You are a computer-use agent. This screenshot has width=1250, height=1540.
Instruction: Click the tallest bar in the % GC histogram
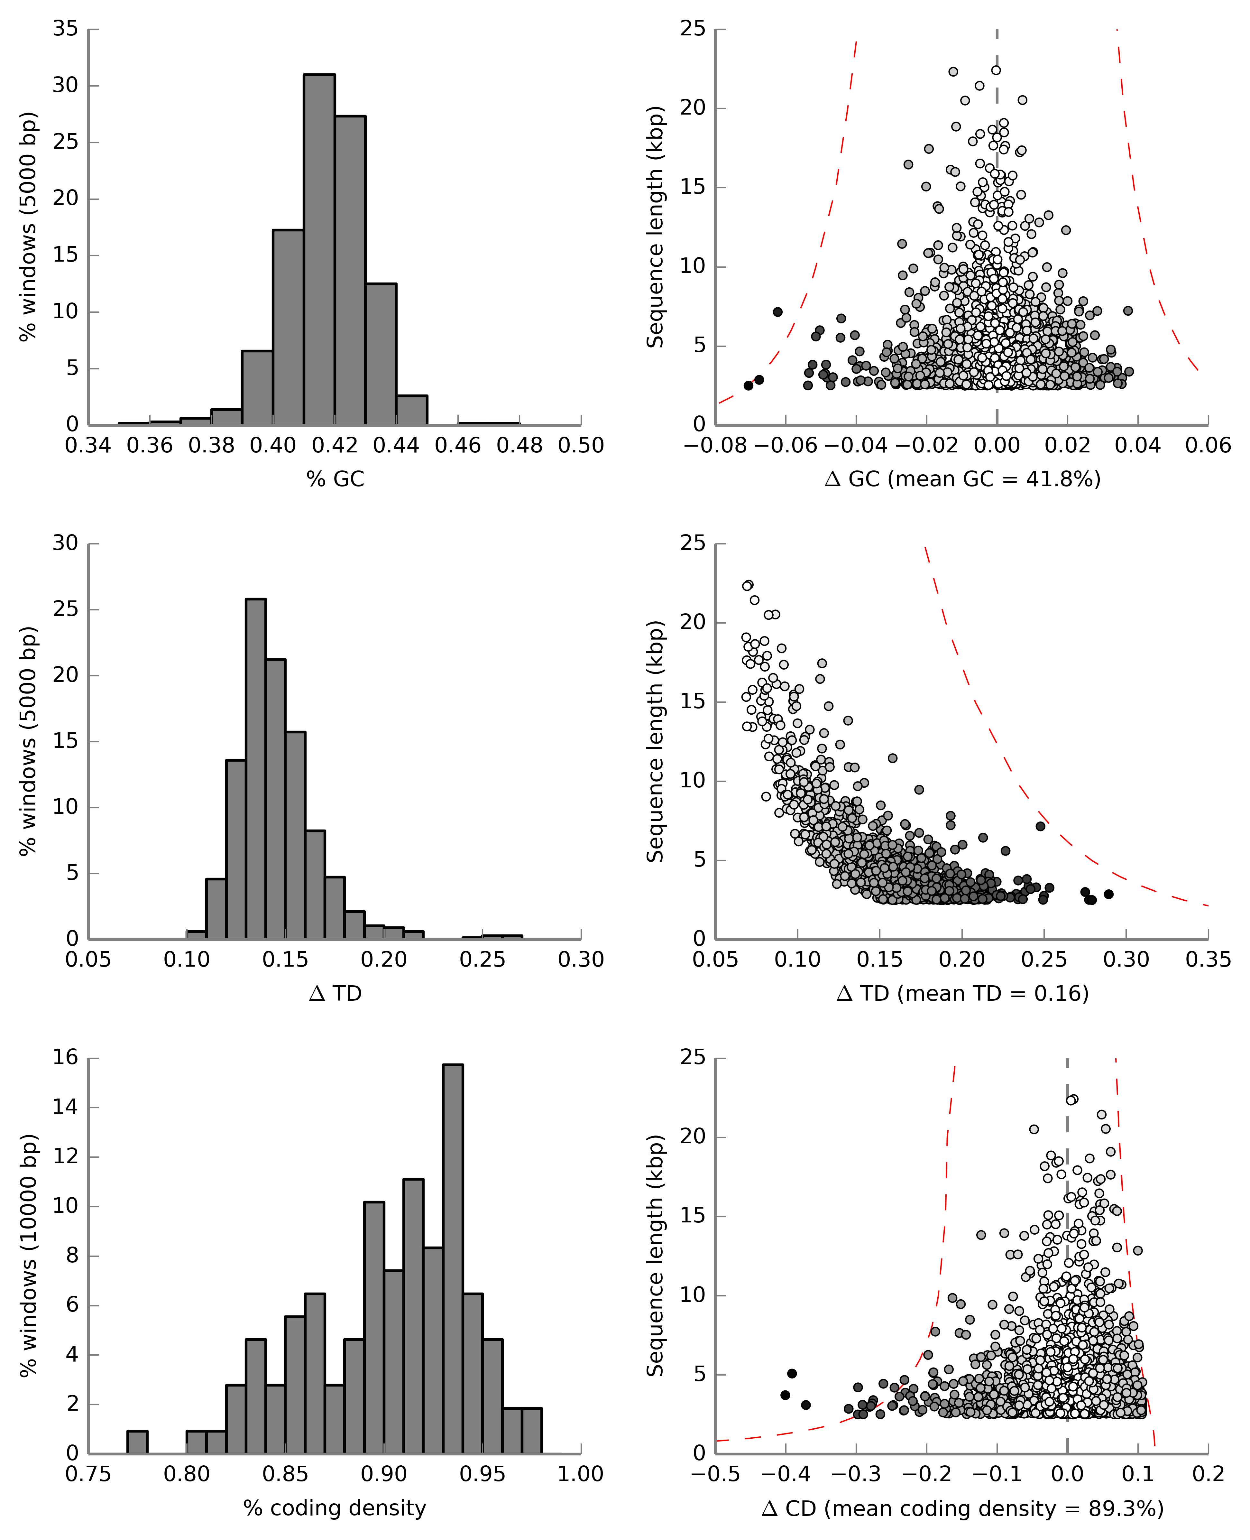tap(319, 248)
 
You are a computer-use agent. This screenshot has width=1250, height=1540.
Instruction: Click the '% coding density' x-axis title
tap(335, 1508)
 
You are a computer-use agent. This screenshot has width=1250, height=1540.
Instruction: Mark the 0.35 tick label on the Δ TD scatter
tap(1208, 960)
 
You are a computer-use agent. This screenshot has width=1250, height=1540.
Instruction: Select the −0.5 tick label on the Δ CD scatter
tap(715, 1474)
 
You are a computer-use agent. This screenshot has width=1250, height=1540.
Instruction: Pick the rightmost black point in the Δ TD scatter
tap(1109, 894)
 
